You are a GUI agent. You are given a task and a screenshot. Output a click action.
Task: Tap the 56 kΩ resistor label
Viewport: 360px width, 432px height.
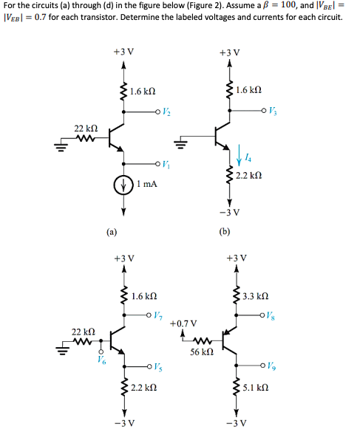click(200, 354)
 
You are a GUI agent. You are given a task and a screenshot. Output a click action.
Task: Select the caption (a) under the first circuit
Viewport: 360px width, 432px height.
click(109, 231)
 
